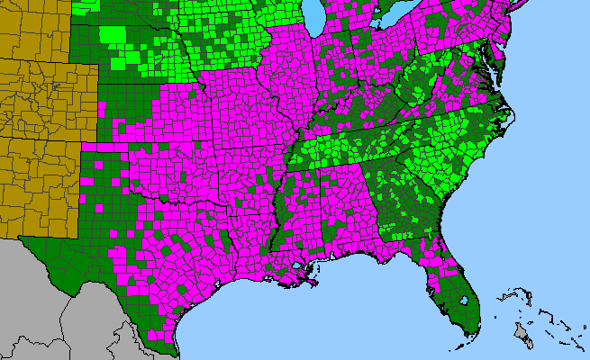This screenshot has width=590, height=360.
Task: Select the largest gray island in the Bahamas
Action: click(521, 334)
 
